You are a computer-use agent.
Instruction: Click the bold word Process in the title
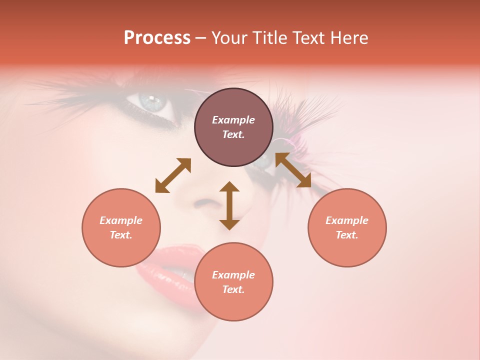157,38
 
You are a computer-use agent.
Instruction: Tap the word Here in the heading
349,38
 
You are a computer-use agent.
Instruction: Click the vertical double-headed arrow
229,205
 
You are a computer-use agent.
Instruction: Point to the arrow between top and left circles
173,175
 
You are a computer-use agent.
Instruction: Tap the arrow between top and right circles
293,170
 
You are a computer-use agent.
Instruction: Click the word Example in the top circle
233,120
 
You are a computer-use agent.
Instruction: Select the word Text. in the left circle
121,235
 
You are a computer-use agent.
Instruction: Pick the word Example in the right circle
347,220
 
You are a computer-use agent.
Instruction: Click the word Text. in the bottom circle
233,289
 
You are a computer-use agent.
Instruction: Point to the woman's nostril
203,203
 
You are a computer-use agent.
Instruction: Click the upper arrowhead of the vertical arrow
229,186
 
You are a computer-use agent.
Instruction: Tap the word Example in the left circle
121,220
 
